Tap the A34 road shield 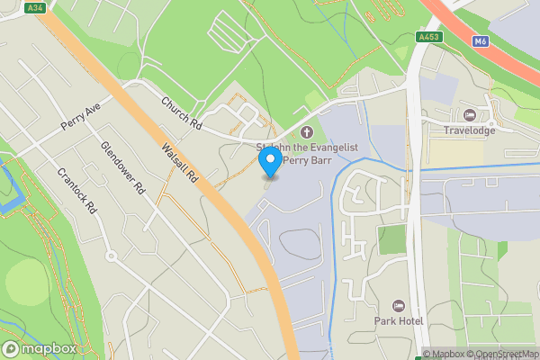point(35,7)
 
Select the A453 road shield point(428,38)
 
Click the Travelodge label point(470,130)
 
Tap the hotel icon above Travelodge point(469,114)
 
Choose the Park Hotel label point(398,320)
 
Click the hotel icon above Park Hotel point(399,306)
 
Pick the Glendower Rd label point(122,168)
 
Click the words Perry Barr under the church point(308,162)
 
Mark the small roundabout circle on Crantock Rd point(111,256)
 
